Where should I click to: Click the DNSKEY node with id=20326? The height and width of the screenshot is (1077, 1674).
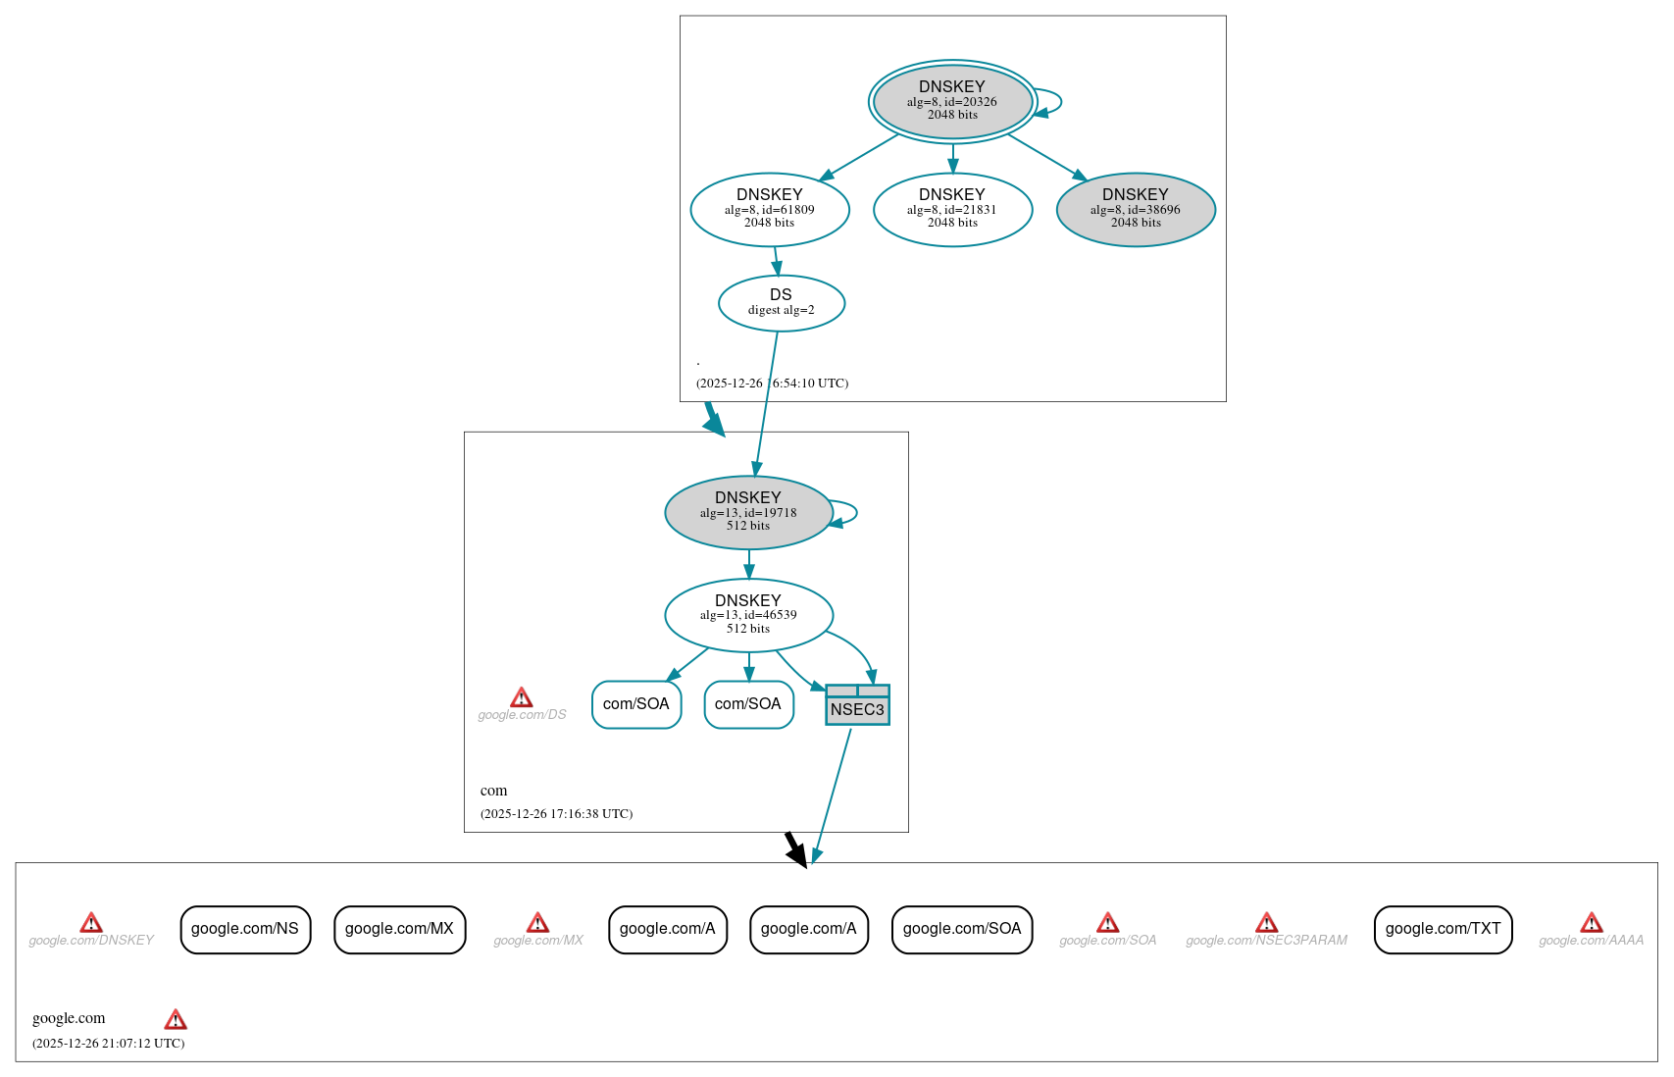click(x=952, y=101)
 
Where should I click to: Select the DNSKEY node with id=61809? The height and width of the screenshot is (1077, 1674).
click(x=770, y=209)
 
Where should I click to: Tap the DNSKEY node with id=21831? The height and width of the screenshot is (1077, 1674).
click(x=952, y=209)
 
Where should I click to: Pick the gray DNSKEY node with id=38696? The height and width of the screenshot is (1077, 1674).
click(x=1136, y=209)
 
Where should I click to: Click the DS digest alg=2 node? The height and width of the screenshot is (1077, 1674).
click(x=781, y=303)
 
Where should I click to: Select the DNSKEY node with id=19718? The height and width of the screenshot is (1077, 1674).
click(x=748, y=512)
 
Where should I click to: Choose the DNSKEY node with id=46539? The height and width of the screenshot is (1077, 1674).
click(x=748, y=615)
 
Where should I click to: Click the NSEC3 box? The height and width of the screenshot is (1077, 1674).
click(x=857, y=705)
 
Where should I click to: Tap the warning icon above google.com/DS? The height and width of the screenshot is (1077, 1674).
click(x=522, y=697)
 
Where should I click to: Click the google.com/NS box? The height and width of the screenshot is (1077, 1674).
click(x=245, y=929)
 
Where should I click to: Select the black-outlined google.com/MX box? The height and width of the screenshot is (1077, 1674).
click(x=399, y=929)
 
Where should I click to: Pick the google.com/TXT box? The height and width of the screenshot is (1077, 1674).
click(x=1443, y=929)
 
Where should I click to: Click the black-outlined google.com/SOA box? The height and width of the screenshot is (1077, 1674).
click(x=962, y=929)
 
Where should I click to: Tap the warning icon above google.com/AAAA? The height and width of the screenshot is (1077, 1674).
click(x=1591, y=923)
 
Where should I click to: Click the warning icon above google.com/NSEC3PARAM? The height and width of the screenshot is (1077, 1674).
click(x=1266, y=923)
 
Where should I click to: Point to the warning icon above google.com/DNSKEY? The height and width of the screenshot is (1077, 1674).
click(x=91, y=923)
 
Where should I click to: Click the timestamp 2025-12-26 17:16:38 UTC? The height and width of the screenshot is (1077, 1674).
click(x=556, y=814)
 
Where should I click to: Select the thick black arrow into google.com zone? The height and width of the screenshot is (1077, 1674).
click(x=796, y=849)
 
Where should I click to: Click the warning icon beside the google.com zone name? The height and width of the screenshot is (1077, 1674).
click(x=176, y=1019)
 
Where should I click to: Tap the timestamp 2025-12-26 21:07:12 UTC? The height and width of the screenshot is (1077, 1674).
click(x=108, y=1044)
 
